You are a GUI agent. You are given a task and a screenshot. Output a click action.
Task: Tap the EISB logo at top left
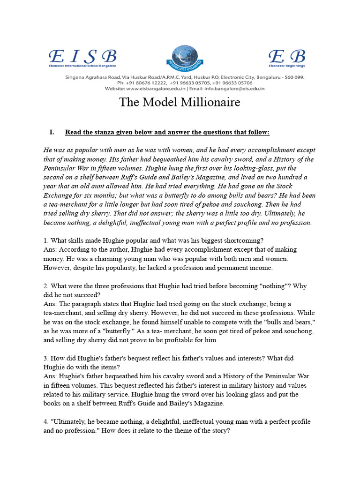(x=82, y=58)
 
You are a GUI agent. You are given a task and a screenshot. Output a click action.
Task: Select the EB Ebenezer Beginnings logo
(x=287, y=58)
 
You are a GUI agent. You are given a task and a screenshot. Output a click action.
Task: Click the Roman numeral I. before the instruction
(x=52, y=132)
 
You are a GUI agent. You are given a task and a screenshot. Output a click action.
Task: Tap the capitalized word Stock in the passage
(x=308, y=187)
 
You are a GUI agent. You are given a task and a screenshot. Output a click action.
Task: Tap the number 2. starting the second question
(x=46, y=286)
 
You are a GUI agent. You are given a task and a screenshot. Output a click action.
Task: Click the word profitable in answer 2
(x=169, y=340)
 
